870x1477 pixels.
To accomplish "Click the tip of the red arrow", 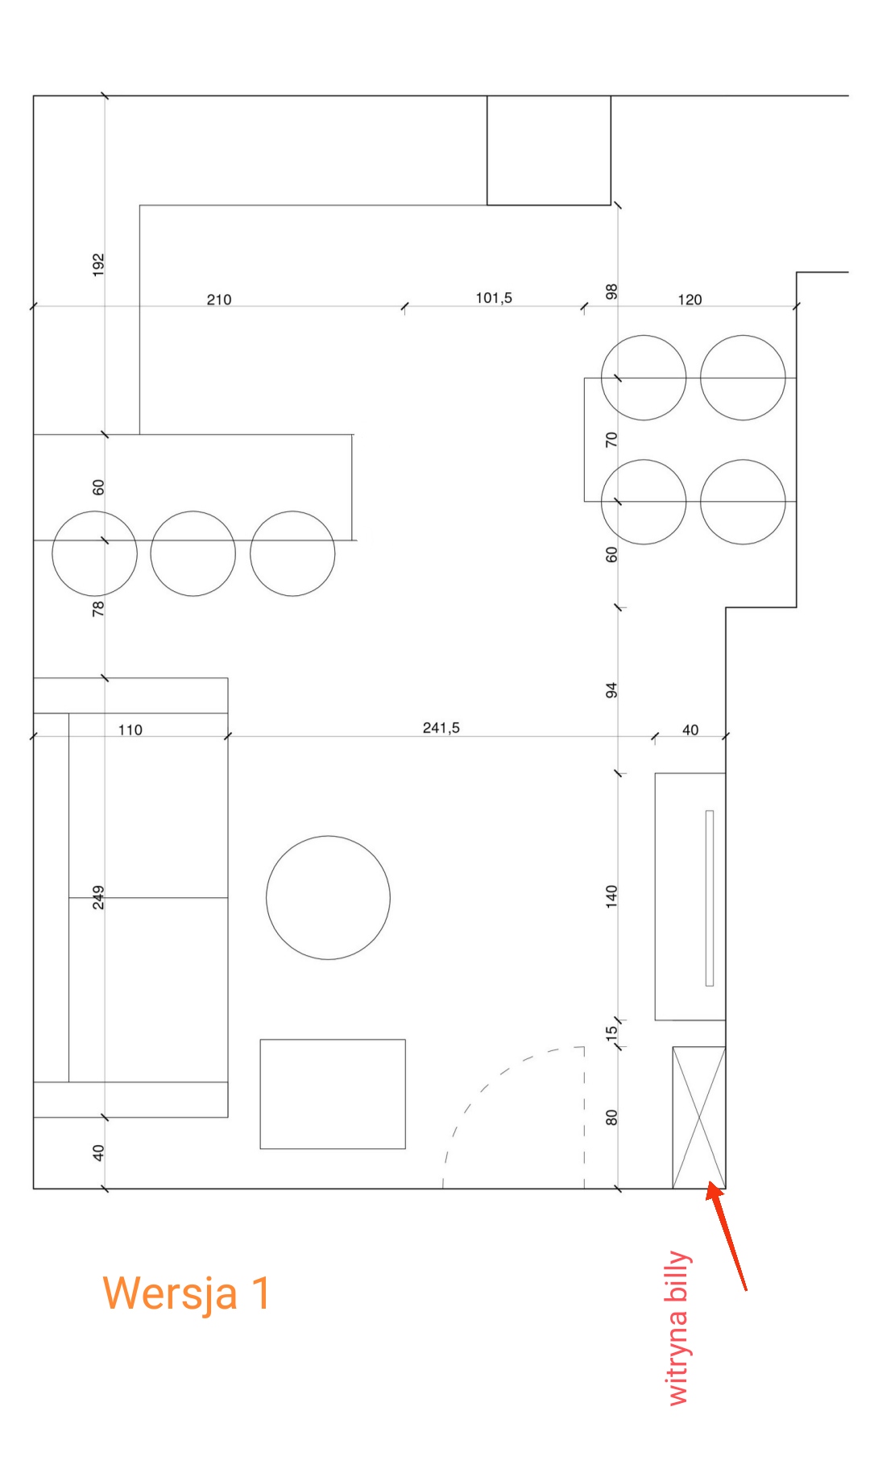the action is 708,1181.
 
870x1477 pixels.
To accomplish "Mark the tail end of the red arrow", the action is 746,1290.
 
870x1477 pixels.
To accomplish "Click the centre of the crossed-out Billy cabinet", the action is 699,1118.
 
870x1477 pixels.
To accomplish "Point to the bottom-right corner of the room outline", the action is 726,1189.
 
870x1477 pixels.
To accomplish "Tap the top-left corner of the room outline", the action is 33,96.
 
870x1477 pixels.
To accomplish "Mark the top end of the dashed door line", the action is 584,1047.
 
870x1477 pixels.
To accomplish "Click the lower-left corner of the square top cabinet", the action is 487,205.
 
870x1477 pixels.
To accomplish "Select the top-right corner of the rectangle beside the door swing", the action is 405,1040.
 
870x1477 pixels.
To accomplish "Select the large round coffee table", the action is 328,897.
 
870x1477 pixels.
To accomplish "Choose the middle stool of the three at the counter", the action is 193,553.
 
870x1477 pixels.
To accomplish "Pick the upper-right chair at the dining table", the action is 743,378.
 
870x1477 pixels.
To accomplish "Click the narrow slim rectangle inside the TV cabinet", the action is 710,898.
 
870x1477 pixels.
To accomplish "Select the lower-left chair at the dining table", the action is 644,502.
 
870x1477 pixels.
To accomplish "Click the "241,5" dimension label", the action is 441,728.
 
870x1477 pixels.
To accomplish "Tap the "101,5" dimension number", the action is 494,298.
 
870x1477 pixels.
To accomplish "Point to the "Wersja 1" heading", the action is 187,1293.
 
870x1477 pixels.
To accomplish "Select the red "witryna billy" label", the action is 678,1329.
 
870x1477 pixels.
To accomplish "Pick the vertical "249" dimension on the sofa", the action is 98,897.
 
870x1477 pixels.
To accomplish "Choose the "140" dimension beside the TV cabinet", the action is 611,896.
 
